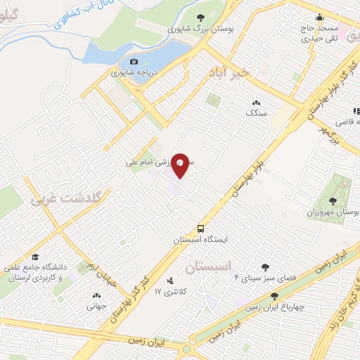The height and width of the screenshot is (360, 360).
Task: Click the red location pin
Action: click(x=181, y=165)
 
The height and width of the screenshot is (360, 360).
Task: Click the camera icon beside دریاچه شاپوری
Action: click(x=134, y=62)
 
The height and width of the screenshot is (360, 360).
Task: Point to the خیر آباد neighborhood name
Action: click(x=230, y=73)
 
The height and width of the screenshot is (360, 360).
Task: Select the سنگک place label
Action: click(x=256, y=112)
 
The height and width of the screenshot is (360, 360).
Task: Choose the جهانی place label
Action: click(x=96, y=307)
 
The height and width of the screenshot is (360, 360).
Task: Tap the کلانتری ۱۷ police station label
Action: click(x=168, y=290)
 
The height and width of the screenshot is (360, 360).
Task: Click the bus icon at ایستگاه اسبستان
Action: click(x=201, y=229)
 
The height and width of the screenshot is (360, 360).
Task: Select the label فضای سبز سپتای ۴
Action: click(x=265, y=277)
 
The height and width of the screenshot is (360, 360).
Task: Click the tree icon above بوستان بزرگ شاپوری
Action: click(x=200, y=18)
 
